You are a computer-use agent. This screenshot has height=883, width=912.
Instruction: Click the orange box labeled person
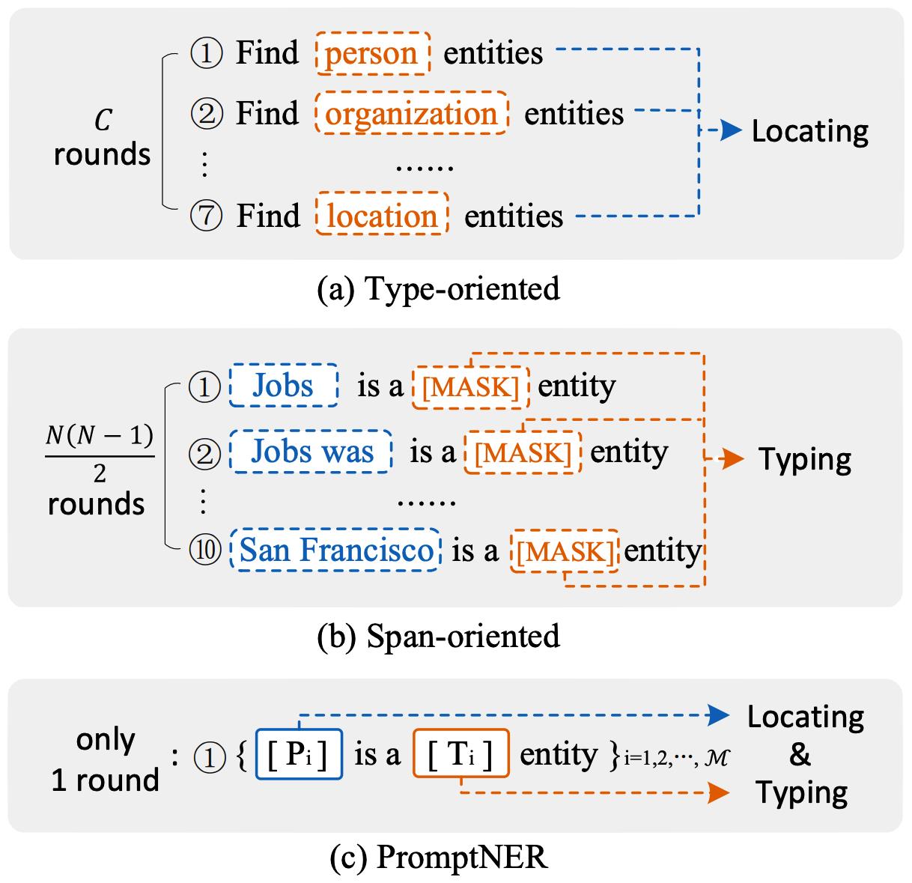click(x=372, y=53)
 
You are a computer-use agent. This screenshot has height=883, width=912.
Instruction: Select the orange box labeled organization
click(x=412, y=114)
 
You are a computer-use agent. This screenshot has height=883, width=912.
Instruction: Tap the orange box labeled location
click(x=383, y=216)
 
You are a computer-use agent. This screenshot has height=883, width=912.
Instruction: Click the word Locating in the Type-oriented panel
click(x=810, y=131)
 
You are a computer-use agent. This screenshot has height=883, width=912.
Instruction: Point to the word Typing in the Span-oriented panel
click(x=805, y=459)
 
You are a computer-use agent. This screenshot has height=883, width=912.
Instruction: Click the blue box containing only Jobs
click(x=283, y=386)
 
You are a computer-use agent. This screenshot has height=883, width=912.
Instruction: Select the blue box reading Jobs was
click(x=311, y=452)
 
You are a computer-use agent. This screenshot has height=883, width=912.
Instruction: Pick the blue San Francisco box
click(x=336, y=550)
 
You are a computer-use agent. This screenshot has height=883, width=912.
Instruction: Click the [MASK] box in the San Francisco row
click(x=565, y=551)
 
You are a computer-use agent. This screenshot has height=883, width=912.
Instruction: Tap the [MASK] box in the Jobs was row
click(x=523, y=452)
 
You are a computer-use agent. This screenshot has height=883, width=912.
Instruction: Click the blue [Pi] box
click(x=299, y=754)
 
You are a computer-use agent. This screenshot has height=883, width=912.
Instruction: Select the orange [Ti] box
click(x=460, y=754)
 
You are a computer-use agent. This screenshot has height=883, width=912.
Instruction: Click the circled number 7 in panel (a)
click(x=206, y=216)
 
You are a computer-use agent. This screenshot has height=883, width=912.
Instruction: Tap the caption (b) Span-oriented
click(x=439, y=636)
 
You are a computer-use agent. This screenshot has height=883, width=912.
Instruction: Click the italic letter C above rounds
click(x=103, y=120)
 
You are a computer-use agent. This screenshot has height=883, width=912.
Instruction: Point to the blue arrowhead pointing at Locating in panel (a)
click(x=730, y=132)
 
